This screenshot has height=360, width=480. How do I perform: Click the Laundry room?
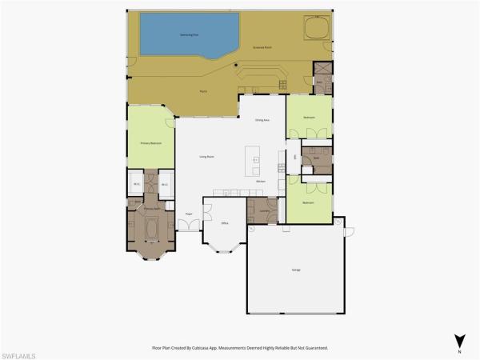[x=262, y=210]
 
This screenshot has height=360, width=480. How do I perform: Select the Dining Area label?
[x=262, y=120]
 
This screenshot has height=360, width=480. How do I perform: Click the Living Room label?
[x=206, y=157]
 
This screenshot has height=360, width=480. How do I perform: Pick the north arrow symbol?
[x=458, y=340]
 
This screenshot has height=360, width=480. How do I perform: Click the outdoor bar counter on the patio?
[x=259, y=76]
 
